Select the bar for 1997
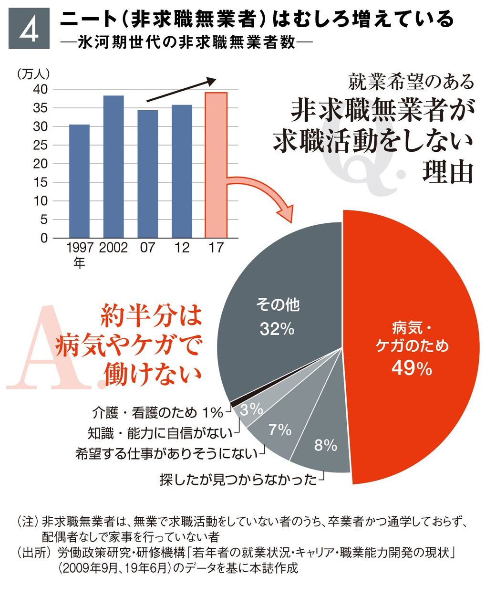pyautogui.click(x=79, y=181)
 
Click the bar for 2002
pyautogui.click(x=114, y=167)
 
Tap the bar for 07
pyautogui.click(x=148, y=174)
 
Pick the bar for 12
pyautogui.click(x=182, y=171)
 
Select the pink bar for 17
pyautogui.click(x=216, y=165)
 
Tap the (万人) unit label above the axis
pyautogui.click(x=33, y=74)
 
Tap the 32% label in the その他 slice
pyautogui.click(x=277, y=329)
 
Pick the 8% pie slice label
pyautogui.click(x=326, y=445)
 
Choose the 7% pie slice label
pyautogui.click(x=280, y=429)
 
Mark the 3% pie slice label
pyautogui.click(x=251, y=409)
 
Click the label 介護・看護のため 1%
pyautogui.click(x=158, y=412)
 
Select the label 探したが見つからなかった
pyautogui.click(x=238, y=479)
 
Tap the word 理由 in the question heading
pyautogui.click(x=447, y=172)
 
